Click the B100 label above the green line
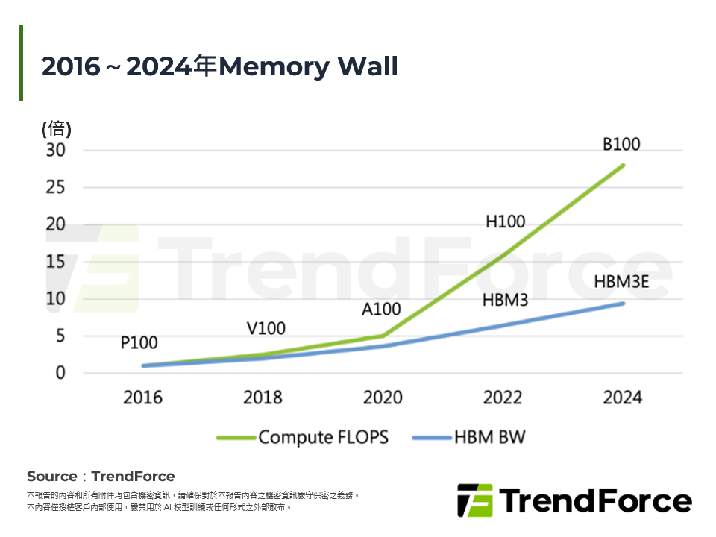pos(621,145)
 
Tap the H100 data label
pos(505,222)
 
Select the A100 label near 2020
pos(381,309)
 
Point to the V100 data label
pos(266,328)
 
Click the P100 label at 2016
pos(139,343)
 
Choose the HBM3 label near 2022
pos(506,300)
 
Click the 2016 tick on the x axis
pos(142,397)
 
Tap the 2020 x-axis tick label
pos(383,397)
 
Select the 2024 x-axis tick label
pos(622,397)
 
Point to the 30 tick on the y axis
pos(57,150)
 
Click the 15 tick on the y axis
pos(57,262)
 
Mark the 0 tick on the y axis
pos(60,373)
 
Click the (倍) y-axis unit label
pos(56,128)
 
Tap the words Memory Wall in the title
pos(308,67)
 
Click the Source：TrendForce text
pos(101,477)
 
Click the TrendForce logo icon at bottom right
pos(474,500)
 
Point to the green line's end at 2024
pos(623,165)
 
